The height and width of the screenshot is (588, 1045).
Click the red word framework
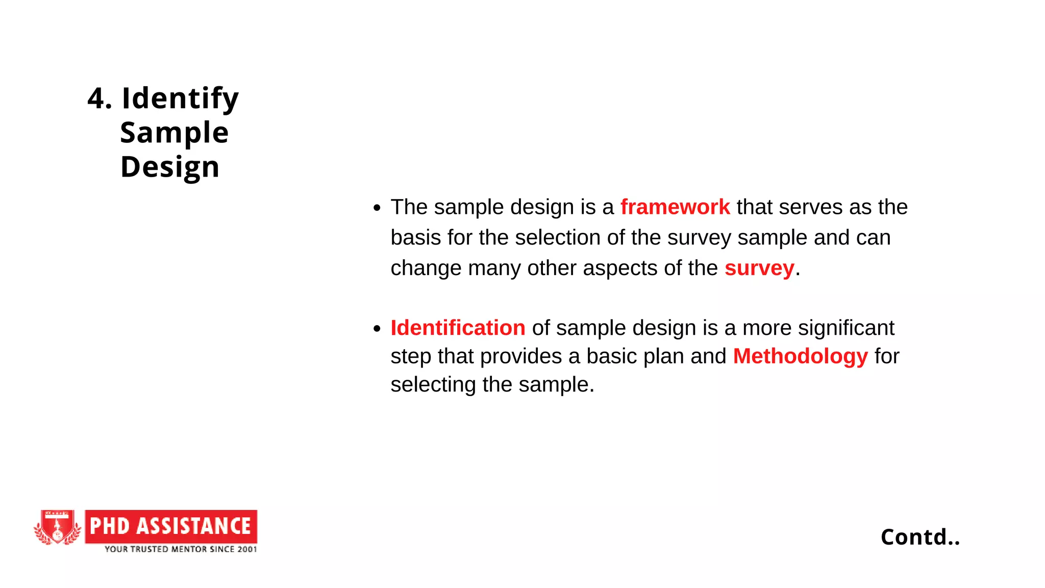[x=675, y=207]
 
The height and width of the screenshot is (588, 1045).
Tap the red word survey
[x=759, y=268]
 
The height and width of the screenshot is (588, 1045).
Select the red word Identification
[x=458, y=328]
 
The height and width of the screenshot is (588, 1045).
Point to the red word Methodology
[x=800, y=356]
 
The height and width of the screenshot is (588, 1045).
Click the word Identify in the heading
[x=180, y=98]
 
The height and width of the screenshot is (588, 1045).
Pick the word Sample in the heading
[x=174, y=133]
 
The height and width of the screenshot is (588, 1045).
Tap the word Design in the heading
[x=170, y=167]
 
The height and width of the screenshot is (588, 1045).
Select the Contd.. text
[x=920, y=537]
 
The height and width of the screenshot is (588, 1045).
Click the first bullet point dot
[x=377, y=208]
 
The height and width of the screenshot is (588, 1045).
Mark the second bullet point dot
[x=377, y=329]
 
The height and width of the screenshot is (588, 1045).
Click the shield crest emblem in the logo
[x=57, y=527]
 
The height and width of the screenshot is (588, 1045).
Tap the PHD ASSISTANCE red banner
[x=171, y=526]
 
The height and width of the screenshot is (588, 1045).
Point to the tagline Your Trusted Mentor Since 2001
[x=181, y=549]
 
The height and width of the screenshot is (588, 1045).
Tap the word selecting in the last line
[x=433, y=385]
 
